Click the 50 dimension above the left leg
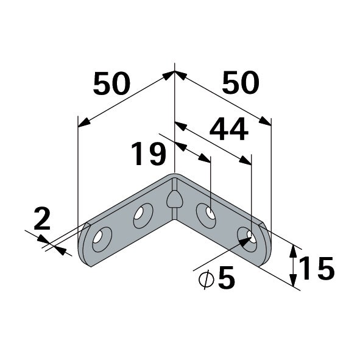111,83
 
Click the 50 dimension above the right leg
240,83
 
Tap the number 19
149,154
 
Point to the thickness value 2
41,219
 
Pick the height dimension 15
317,269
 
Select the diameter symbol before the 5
206,280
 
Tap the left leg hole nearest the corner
143,215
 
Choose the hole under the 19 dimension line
207,214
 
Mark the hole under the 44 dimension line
248,238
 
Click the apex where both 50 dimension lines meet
175,72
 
